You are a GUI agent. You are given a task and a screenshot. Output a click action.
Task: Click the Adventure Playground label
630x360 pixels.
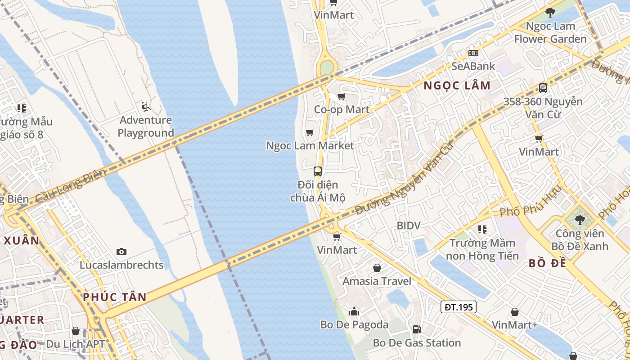click(145, 126)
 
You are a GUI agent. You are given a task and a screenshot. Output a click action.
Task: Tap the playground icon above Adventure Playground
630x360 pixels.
click(145, 107)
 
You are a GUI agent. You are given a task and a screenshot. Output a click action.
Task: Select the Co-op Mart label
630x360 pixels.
click(342, 109)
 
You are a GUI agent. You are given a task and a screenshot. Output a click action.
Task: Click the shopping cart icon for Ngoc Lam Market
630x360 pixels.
click(310, 132)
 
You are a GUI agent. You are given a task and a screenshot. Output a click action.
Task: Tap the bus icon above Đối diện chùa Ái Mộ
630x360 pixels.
click(318, 171)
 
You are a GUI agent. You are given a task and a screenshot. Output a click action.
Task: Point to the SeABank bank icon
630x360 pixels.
click(473, 53)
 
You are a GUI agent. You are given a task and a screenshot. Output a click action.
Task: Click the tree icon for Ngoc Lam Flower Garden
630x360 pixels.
click(550, 13)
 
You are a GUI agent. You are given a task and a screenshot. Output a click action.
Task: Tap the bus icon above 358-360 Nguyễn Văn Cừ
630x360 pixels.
click(543, 88)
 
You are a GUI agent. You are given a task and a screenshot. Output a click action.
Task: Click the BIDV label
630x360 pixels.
click(408, 225)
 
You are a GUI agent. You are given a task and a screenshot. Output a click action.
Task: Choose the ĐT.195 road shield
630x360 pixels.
click(458, 307)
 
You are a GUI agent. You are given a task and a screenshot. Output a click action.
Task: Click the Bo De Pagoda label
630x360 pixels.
click(354, 324)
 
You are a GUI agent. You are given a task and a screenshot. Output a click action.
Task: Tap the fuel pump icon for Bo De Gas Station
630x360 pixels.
click(417, 329)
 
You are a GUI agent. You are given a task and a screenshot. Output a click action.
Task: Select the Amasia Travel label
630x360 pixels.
click(377, 281)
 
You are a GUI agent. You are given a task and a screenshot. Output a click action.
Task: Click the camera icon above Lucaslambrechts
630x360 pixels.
click(121, 252)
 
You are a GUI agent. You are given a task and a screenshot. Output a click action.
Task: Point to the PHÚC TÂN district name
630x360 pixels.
click(115, 297)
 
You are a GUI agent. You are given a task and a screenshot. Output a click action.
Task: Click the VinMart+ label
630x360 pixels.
click(514, 325)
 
